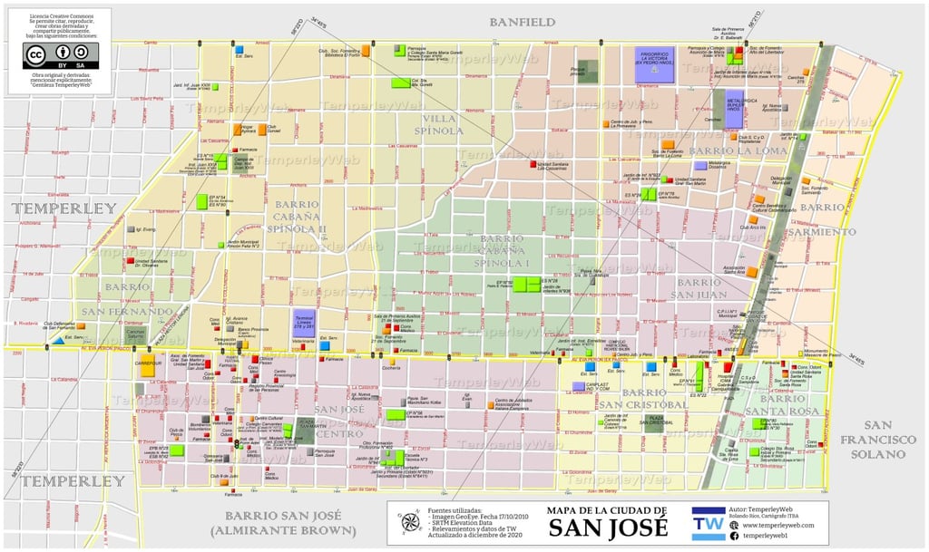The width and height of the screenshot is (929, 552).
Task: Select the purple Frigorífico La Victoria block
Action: [655, 64]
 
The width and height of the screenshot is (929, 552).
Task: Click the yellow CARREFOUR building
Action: [147, 369]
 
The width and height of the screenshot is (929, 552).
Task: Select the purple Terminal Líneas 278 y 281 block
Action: [303, 323]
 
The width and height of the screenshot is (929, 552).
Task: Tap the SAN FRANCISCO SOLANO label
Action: [889, 440]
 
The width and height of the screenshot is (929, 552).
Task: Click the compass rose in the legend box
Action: [410, 522]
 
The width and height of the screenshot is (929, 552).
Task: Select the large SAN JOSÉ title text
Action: [607, 528]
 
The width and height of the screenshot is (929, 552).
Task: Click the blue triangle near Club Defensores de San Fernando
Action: [58, 340]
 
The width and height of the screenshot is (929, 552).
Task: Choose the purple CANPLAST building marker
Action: [578, 386]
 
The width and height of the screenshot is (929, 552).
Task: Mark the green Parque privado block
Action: [588, 72]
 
